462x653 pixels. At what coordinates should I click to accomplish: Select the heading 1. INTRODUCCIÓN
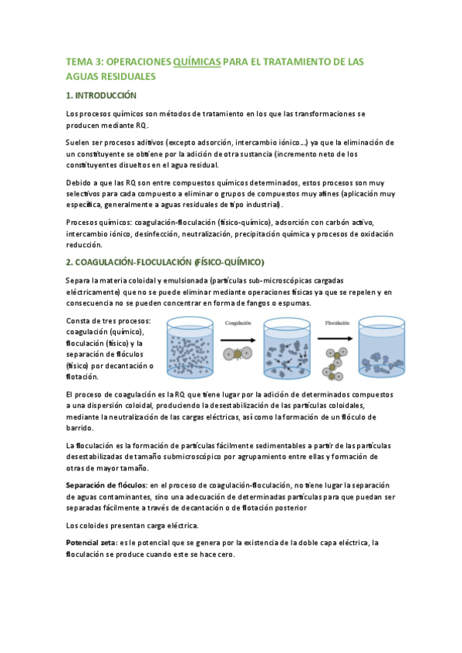[x=101, y=95]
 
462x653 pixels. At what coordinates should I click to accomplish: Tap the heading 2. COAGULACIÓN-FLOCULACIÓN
[x=164, y=261]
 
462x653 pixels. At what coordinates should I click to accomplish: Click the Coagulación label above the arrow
[x=238, y=324]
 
